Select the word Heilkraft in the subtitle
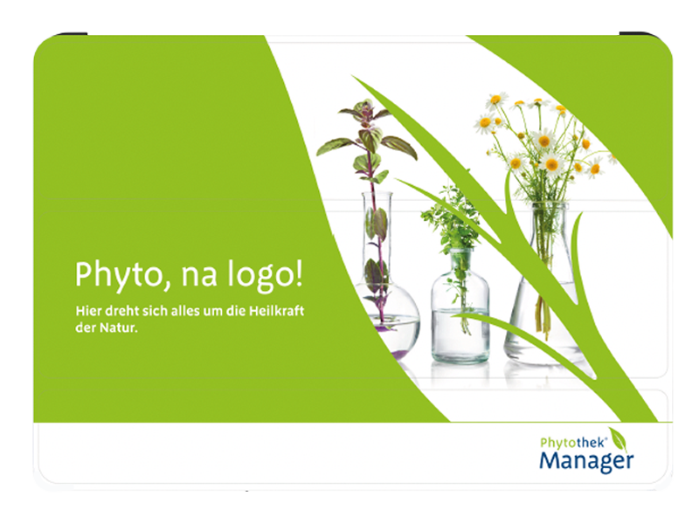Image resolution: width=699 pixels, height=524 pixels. point(276,311)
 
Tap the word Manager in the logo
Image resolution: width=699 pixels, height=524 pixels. point(586,462)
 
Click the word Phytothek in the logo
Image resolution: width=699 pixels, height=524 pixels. point(572,443)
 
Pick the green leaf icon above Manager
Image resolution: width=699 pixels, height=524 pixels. point(618,439)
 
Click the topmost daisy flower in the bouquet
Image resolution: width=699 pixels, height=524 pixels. point(496,100)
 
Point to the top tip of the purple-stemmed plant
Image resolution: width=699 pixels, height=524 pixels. point(364,102)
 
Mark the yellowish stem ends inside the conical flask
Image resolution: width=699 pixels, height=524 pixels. point(543,317)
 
